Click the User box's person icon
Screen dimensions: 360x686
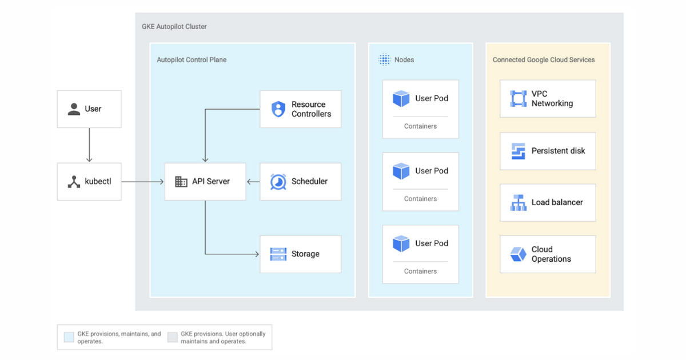tap(74, 109)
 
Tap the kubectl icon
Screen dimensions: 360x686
tap(74, 182)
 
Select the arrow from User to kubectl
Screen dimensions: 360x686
tap(89, 145)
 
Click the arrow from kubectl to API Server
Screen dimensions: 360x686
tap(142, 182)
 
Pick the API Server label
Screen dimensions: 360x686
tap(210, 182)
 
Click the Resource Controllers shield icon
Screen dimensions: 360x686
tap(278, 109)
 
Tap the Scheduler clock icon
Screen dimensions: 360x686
tap(278, 182)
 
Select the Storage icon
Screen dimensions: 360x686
tap(278, 254)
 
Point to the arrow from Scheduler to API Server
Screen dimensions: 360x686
tap(253, 182)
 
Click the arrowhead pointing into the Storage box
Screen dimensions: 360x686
tap(257, 254)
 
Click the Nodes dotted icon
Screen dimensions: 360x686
tap(385, 59)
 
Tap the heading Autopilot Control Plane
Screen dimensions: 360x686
tap(192, 59)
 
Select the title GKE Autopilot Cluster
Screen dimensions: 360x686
tap(174, 26)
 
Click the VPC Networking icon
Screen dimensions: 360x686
tap(518, 99)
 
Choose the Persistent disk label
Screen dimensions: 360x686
tap(558, 151)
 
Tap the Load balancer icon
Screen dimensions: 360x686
tap(518, 202)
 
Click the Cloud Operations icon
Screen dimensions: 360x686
tap(518, 254)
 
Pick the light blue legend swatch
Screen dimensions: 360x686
tap(69, 337)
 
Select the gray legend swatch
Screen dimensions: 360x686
tap(172, 337)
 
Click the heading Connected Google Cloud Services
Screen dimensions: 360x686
tap(543, 59)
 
